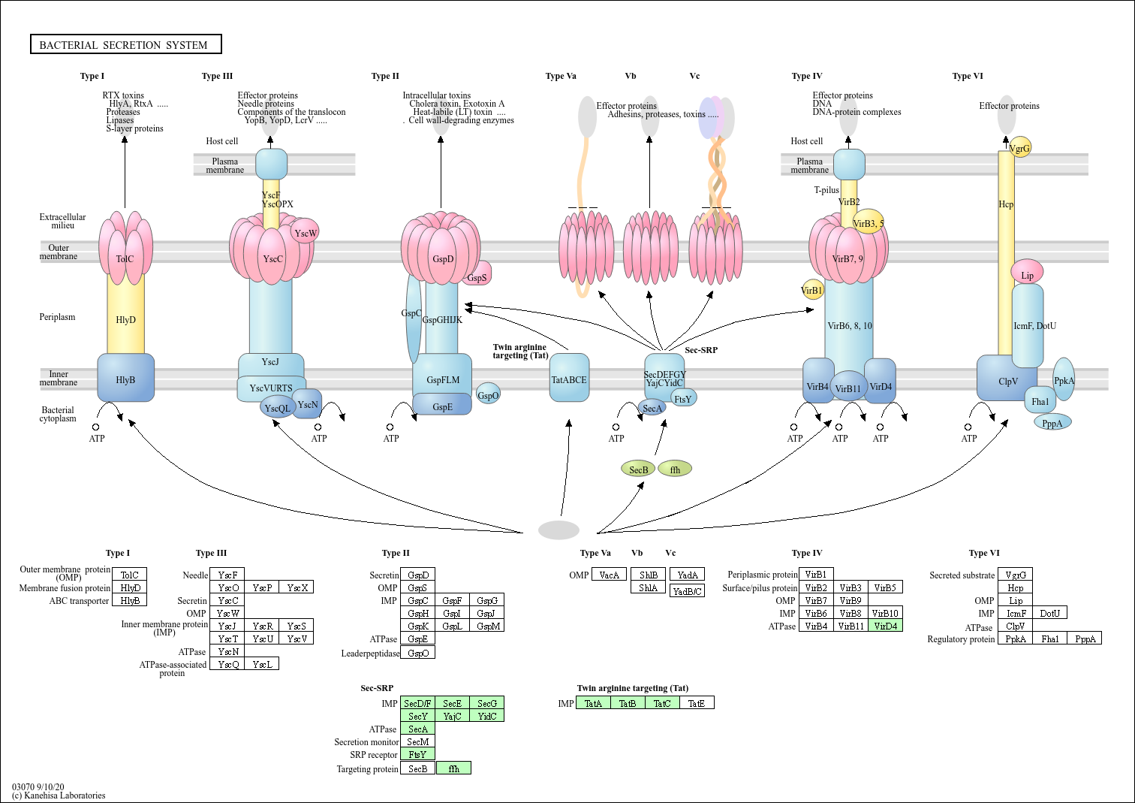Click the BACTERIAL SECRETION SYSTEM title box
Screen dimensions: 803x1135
(x=125, y=45)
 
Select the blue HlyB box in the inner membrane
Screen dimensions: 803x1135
(x=126, y=379)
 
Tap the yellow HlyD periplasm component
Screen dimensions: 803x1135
(x=125, y=319)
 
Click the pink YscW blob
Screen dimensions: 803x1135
(x=305, y=233)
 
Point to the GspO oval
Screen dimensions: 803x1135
(x=488, y=395)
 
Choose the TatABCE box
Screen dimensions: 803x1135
(x=569, y=379)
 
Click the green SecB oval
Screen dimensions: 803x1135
(x=638, y=469)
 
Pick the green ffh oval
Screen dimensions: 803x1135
(x=675, y=469)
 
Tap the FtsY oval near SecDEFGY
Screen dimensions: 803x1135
(x=683, y=399)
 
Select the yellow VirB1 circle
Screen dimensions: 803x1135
(x=812, y=290)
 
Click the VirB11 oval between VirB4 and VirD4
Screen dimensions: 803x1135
(x=849, y=388)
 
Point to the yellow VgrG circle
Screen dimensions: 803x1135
(x=1020, y=147)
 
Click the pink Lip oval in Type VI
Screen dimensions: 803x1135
(x=1027, y=274)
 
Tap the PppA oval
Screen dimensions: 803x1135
(x=1052, y=423)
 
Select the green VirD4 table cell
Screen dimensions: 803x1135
(x=886, y=626)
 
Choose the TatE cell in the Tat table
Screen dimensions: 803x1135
(x=697, y=703)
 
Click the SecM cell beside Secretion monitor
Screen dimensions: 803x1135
(x=417, y=741)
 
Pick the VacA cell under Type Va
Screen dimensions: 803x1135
(x=609, y=575)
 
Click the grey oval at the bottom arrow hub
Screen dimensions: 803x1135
(x=558, y=530)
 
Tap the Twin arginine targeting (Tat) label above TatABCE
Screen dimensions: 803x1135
(x=520, y=351)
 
